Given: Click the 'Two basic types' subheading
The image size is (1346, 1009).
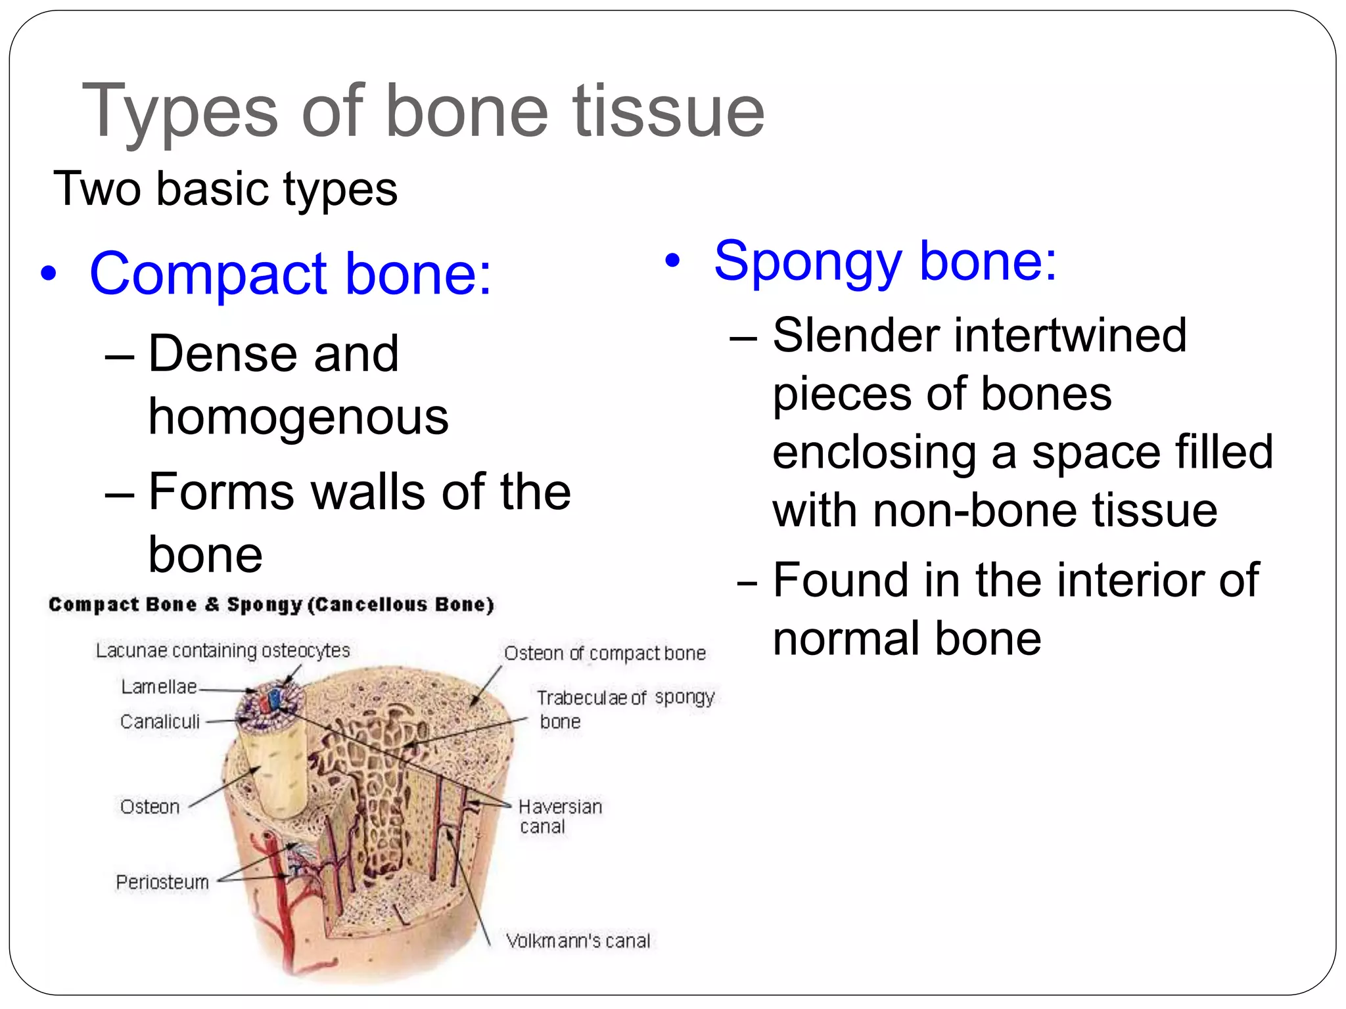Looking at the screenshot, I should (x=225, y=189).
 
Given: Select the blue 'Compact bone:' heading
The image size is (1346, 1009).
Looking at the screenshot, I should (x=290, y=274).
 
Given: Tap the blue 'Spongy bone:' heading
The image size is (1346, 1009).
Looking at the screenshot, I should (x=885, y=261).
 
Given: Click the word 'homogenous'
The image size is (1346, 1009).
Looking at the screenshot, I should (x=298, y=417).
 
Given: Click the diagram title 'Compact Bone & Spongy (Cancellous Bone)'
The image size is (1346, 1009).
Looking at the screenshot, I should (x=271, y=604).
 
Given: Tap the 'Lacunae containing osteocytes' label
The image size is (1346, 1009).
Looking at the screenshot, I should (x=223, y=651).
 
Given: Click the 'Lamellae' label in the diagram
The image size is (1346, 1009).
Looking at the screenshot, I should (x=159, y=687).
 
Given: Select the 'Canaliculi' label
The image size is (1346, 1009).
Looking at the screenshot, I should (x=160, y=722).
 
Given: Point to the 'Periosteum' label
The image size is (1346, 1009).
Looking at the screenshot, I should (x=162, y=882).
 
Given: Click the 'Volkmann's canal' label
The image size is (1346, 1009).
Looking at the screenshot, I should (x=578, y=941).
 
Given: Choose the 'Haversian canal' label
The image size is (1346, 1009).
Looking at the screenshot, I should (x=559, y=816).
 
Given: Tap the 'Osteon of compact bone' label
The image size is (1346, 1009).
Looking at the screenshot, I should (x=605, y=654).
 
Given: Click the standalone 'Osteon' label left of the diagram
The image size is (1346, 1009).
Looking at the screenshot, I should (x=150, y=807).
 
